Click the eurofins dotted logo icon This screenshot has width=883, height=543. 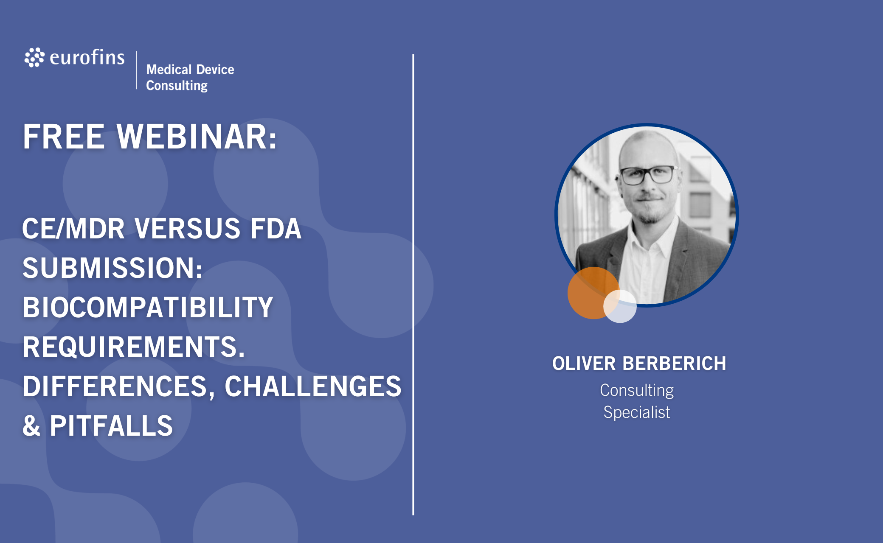pyautogui.click(x=34, y=57)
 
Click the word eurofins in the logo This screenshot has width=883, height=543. pyautogui.click(x=87, y=57)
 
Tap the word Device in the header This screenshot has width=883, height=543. pyautogui.click(x=215, y=69)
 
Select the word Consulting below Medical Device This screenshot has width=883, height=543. pyautogui.click(x=177, y=86)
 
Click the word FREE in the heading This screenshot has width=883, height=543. pyautogui.click(x=64, y=137)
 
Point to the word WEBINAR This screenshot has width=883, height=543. pyautogui.click(x=197, y=137)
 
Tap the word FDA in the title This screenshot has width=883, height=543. pyautogui.click(x=276, y=229)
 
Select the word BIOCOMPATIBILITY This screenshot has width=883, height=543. pyautogui.click(x=148, y=307)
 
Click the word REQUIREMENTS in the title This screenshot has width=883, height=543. pyautogui.click(x=134, y=347)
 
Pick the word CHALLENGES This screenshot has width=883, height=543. pyautogui.click(x=313, y=386)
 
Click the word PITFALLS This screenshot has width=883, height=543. pyautogui.click(x=111, y=425)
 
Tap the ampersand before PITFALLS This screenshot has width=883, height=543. pyautogui.click(x=31, y=425)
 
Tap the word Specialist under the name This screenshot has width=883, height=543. pyautogui.click(x=637, y=412)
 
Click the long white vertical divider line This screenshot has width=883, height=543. pyautogui.click(x=413, y=285)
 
